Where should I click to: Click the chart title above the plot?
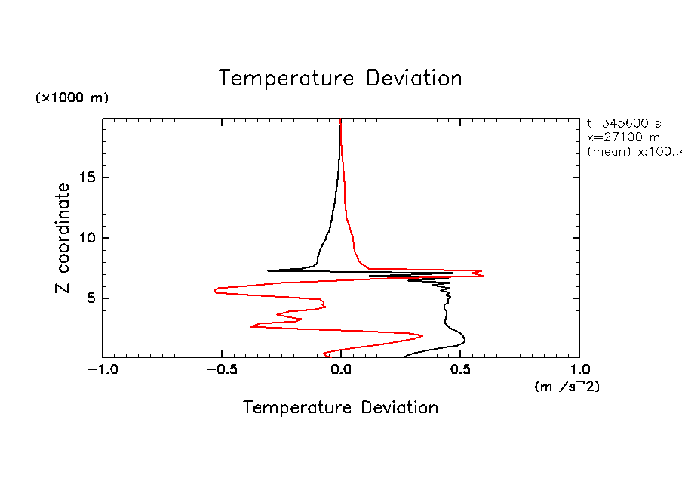pyautogui.click(x=340, y=79)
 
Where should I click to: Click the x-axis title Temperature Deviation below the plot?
pyautogui.click(x=340, y=408)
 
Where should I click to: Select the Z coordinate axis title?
pyautogui.click(x=63, y=238)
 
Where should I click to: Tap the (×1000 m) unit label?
pyautogui.click(x=72, y=98)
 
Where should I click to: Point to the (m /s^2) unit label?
pyautogui.click(x=567, y=387)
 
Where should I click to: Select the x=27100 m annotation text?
pyautogui.click(x=623, y=137)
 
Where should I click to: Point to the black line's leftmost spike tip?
pyautogui.click(x=268, y=270)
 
